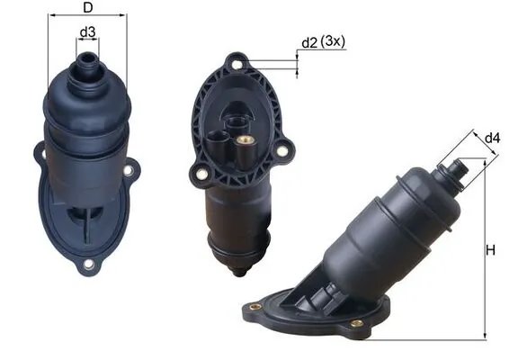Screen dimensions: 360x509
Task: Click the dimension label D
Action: coord(87,8)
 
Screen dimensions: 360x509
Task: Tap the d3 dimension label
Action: coord(87,33)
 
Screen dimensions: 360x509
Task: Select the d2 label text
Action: coord(309,42)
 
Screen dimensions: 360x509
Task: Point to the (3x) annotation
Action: coord(335,41)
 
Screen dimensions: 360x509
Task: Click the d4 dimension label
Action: coord(492,138)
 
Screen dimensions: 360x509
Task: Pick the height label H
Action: coord(491,251)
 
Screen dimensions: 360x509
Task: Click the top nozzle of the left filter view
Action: coord(87,62)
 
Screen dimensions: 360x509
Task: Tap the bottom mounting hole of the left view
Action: coord(88,264)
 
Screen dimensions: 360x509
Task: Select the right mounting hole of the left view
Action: coord(129,169)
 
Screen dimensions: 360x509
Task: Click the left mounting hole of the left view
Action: coord(40,154)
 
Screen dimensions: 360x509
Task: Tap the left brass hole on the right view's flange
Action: coord(254,307)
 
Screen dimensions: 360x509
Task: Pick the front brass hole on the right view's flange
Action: coord(357,323)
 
